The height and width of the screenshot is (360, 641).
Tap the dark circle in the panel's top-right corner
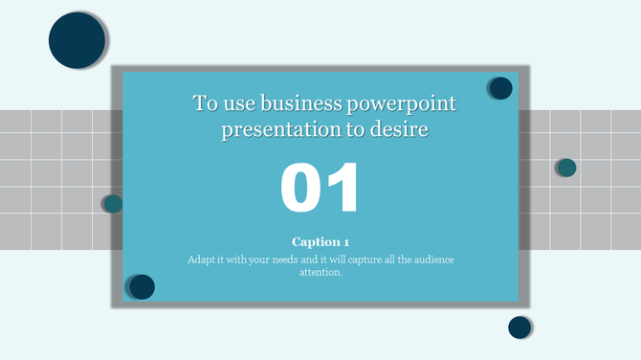500,88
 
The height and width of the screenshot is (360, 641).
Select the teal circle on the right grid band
566,168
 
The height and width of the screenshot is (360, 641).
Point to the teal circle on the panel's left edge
113,203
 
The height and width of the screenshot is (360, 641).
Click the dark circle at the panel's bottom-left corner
142,286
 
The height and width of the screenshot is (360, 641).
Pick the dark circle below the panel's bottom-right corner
519,327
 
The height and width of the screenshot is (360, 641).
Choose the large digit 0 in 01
301,188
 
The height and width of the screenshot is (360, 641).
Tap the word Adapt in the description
202,259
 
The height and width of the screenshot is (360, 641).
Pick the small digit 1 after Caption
345,242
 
